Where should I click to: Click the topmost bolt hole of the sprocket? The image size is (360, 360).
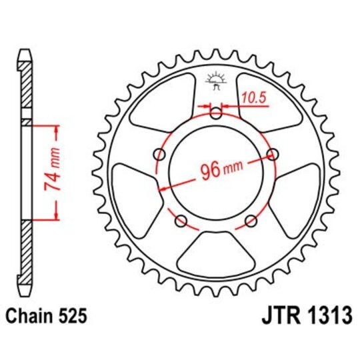(x=215, y=114)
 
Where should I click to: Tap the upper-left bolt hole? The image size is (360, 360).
(x=159, y=155)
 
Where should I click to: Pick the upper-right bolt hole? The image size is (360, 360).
(x=272, y=155)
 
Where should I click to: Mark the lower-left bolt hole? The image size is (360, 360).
(x=181, y=221)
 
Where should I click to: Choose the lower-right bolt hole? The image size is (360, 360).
(x=251, y=221)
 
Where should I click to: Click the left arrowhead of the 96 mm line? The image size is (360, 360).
(x=161, y=188)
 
